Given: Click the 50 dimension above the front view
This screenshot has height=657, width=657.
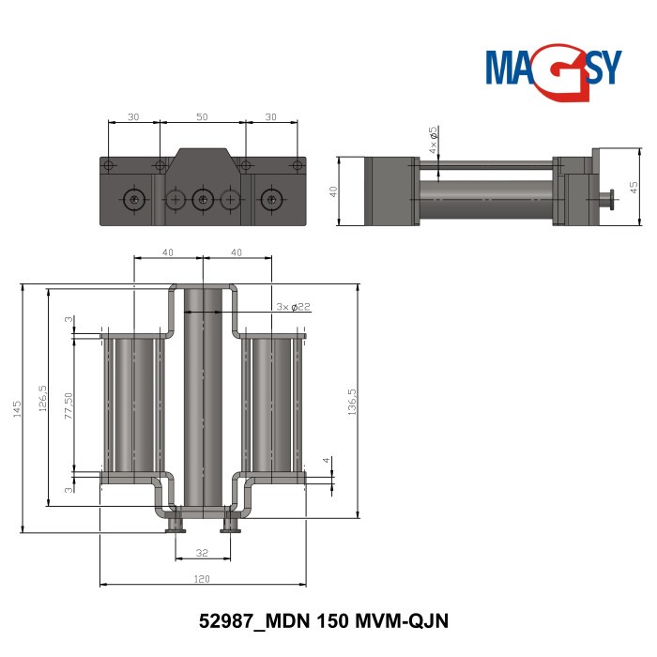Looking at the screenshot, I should point(202,117).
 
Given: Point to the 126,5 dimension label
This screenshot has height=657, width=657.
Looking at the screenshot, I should point(42,398).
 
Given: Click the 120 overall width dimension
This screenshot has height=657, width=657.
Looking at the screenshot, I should point(202,579).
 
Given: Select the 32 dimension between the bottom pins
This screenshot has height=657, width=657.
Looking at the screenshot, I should point(201,553).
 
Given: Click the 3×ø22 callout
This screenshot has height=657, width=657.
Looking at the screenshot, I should point(293,307).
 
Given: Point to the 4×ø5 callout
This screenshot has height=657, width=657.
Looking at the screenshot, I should point(433,140).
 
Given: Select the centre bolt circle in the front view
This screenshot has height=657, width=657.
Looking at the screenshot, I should point(202,199).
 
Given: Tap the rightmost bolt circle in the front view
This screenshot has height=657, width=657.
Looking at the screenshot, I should point(271,199).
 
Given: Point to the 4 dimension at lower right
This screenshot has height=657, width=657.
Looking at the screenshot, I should point(327,461).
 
